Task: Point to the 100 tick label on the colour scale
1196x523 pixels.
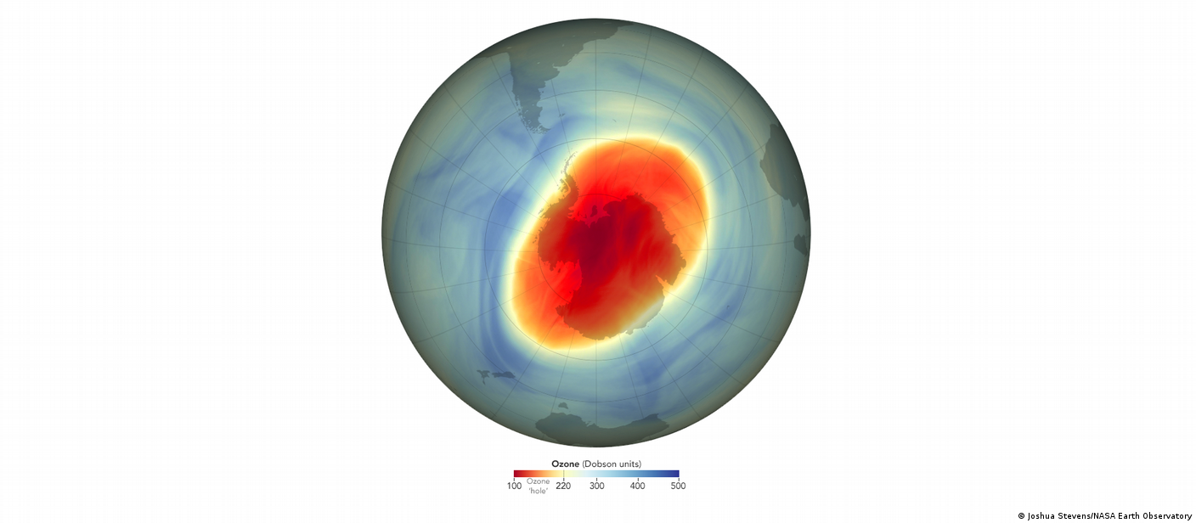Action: [x=514, y=486]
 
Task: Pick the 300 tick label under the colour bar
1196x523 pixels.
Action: [x=596, y=486]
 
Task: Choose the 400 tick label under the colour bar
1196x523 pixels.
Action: [x=637, y=486]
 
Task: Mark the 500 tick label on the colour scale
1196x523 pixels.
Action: [x=678, y=486]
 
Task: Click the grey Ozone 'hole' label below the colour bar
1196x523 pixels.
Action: [x=538, y=486]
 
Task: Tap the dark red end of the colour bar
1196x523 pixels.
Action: [x=517, y=474]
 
